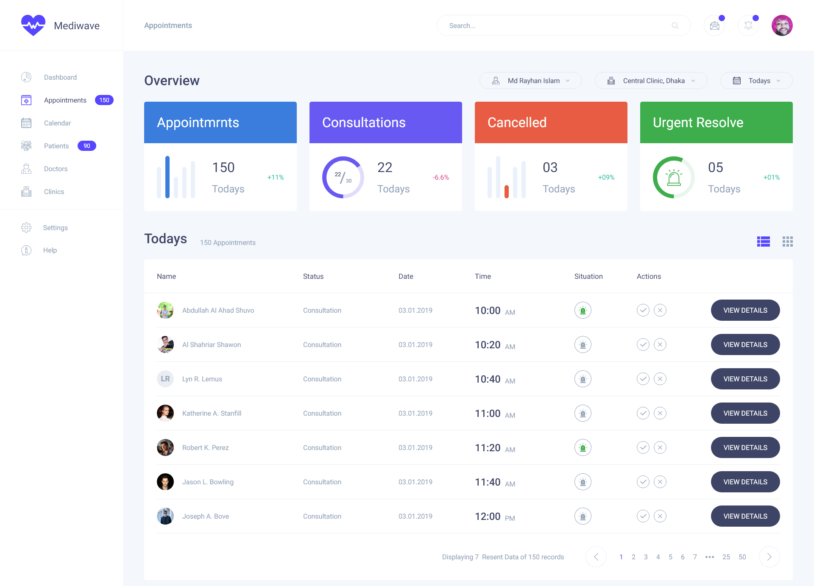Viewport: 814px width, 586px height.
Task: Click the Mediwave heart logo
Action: pyautogui.click(x=33, y=25)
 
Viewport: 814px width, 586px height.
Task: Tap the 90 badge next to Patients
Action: pyautogui.click(x=87, y=146)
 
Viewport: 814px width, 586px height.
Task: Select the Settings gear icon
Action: pyautogui.click(x=26, y=228)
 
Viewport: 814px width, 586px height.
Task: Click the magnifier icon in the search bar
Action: pyautogui.click(x=675, y=25)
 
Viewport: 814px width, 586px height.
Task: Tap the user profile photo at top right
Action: pyautogui.click(x=782, y=25)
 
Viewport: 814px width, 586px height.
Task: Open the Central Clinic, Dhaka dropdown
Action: pyautogui.click(x=651, y=81)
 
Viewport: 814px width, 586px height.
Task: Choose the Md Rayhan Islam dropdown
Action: pyautogui.click(x=530, y=81)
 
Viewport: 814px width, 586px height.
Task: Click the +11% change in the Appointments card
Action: pyautogui.click(x=276, y=177)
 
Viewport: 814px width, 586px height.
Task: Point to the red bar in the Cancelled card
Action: pyautogui.click(x=507, y=192)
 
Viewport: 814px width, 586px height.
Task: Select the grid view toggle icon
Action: pyautogui.click(x=787, y=242)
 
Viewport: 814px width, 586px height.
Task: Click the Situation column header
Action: pyautogui.click(x=588, y=276)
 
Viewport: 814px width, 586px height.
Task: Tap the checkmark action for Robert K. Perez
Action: pyautogui.click(x=643, y=447)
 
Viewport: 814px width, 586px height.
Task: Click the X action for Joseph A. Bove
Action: pyautogui.click(x=660, y=516)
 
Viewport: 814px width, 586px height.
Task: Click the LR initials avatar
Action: pyautogui.click(x=165, y=379)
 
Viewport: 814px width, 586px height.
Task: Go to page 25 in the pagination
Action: pyautogui.click(x=726, y=557)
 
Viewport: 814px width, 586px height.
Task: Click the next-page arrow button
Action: pyautogui.click(x=769, y=557)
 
